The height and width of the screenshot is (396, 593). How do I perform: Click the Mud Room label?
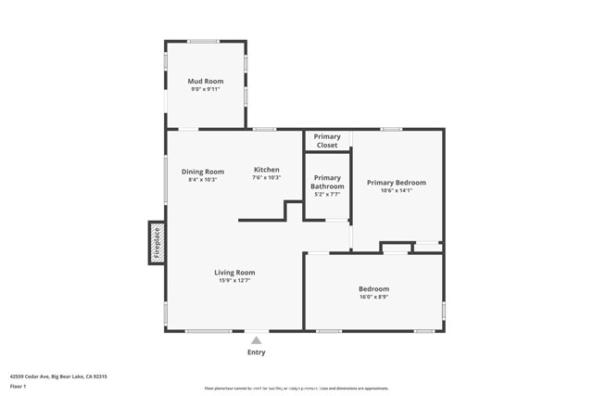[x=206, y=82]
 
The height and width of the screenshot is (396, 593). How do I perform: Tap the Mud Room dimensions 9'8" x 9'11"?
[x=206, y=90]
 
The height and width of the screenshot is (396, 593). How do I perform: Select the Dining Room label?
[x=203, y=172]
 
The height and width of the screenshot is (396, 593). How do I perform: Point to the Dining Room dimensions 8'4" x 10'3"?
[x=203, y=180]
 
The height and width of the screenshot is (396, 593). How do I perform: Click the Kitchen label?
[x=267, y=170]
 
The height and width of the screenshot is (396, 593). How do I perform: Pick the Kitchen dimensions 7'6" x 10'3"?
[x=267, y=178]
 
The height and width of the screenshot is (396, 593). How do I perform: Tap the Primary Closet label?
[x=327, y=141]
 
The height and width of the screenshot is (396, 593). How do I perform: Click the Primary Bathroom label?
[x=327, y=183]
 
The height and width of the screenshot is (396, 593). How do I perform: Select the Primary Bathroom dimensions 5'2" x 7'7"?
[x=327, y=195]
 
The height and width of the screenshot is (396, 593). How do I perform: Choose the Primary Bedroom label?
[x=397, y=183]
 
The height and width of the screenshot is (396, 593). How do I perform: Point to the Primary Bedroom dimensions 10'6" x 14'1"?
[x=397, y=191]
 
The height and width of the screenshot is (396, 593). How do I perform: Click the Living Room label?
[x=234, y=272]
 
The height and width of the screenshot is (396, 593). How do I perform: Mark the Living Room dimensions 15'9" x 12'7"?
[x=234, y=280]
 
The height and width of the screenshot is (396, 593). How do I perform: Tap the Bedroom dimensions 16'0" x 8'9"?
[x=374, y=298]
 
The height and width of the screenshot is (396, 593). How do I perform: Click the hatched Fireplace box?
[x=157, y=242]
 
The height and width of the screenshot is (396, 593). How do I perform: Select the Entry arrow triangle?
[x=257, y=340]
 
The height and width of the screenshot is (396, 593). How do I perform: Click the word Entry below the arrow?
[x=257, y=352]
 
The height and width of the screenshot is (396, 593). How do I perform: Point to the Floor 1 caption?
[x=19, y=386]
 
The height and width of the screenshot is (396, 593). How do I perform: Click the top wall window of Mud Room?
[x=204, y=41]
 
